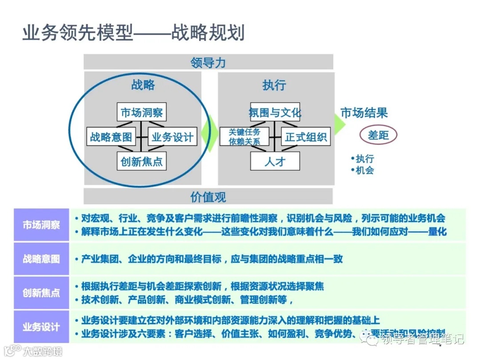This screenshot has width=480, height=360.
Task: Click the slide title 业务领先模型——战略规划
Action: (133, 33)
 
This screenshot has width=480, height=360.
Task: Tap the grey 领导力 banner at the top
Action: (208, 62)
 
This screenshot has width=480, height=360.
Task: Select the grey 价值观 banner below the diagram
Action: (208, 196)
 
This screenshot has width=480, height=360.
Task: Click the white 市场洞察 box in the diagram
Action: (142, 112)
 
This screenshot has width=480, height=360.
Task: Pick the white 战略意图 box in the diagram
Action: (111, 137)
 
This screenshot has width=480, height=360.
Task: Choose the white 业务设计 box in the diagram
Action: (172, 137)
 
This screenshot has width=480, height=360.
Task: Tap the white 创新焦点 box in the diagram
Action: (142, 161)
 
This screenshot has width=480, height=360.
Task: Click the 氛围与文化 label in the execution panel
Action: (275, 112)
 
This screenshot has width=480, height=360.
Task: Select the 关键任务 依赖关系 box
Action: (244, 137)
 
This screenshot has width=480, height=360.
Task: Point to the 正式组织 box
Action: (306, 137)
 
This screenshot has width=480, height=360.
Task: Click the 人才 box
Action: (275, 161)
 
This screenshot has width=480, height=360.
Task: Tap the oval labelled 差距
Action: (378, 135)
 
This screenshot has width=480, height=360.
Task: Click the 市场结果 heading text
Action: (364, 112)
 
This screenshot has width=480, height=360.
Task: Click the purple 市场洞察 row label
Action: (41, 225)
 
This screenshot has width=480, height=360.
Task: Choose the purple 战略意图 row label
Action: (41, 259)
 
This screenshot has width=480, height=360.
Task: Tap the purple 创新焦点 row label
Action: (41, 293)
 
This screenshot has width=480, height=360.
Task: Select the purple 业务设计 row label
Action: (41, 327)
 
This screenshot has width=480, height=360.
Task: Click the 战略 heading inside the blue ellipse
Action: (143, 85)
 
